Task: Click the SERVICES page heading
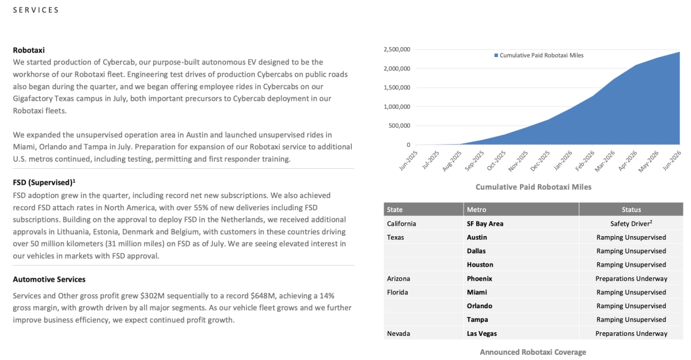pyautogui.click(x=36, y=10)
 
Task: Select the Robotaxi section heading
pyautogui.click(x=29, y=50)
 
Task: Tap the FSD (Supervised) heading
pyautogui.click(x=44, y=183)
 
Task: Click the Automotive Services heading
pyautogui.click(x=49, y=279)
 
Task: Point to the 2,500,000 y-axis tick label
pyautogui.click(x=397, y=50)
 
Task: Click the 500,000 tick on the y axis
pyautogui.click(x=399, y=126)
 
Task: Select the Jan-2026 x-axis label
pyautogui.click(x=563, y=160)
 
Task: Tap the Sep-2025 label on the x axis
pyautogui.click(x=474, y=160)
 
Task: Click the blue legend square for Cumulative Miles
pyautogui.click(x=496, y=55)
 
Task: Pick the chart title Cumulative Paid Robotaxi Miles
pyautogui.click(x=533, y=187)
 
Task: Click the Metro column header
pyautogui.click(x=476, y=210)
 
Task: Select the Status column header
pyautogui.click(x=631, y=210)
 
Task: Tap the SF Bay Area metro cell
pyautogui.click(x=485, y=223)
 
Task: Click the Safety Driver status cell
pyautogui.click(x=631, y=223)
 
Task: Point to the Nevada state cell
pyautogui.click(x=398, y=334)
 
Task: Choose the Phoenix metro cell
pyautogui.click(x=479, y=279)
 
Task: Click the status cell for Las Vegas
pyautogui.click(x=631, y=334)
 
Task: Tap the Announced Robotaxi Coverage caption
pyautogui.click(x=533, y=352)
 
